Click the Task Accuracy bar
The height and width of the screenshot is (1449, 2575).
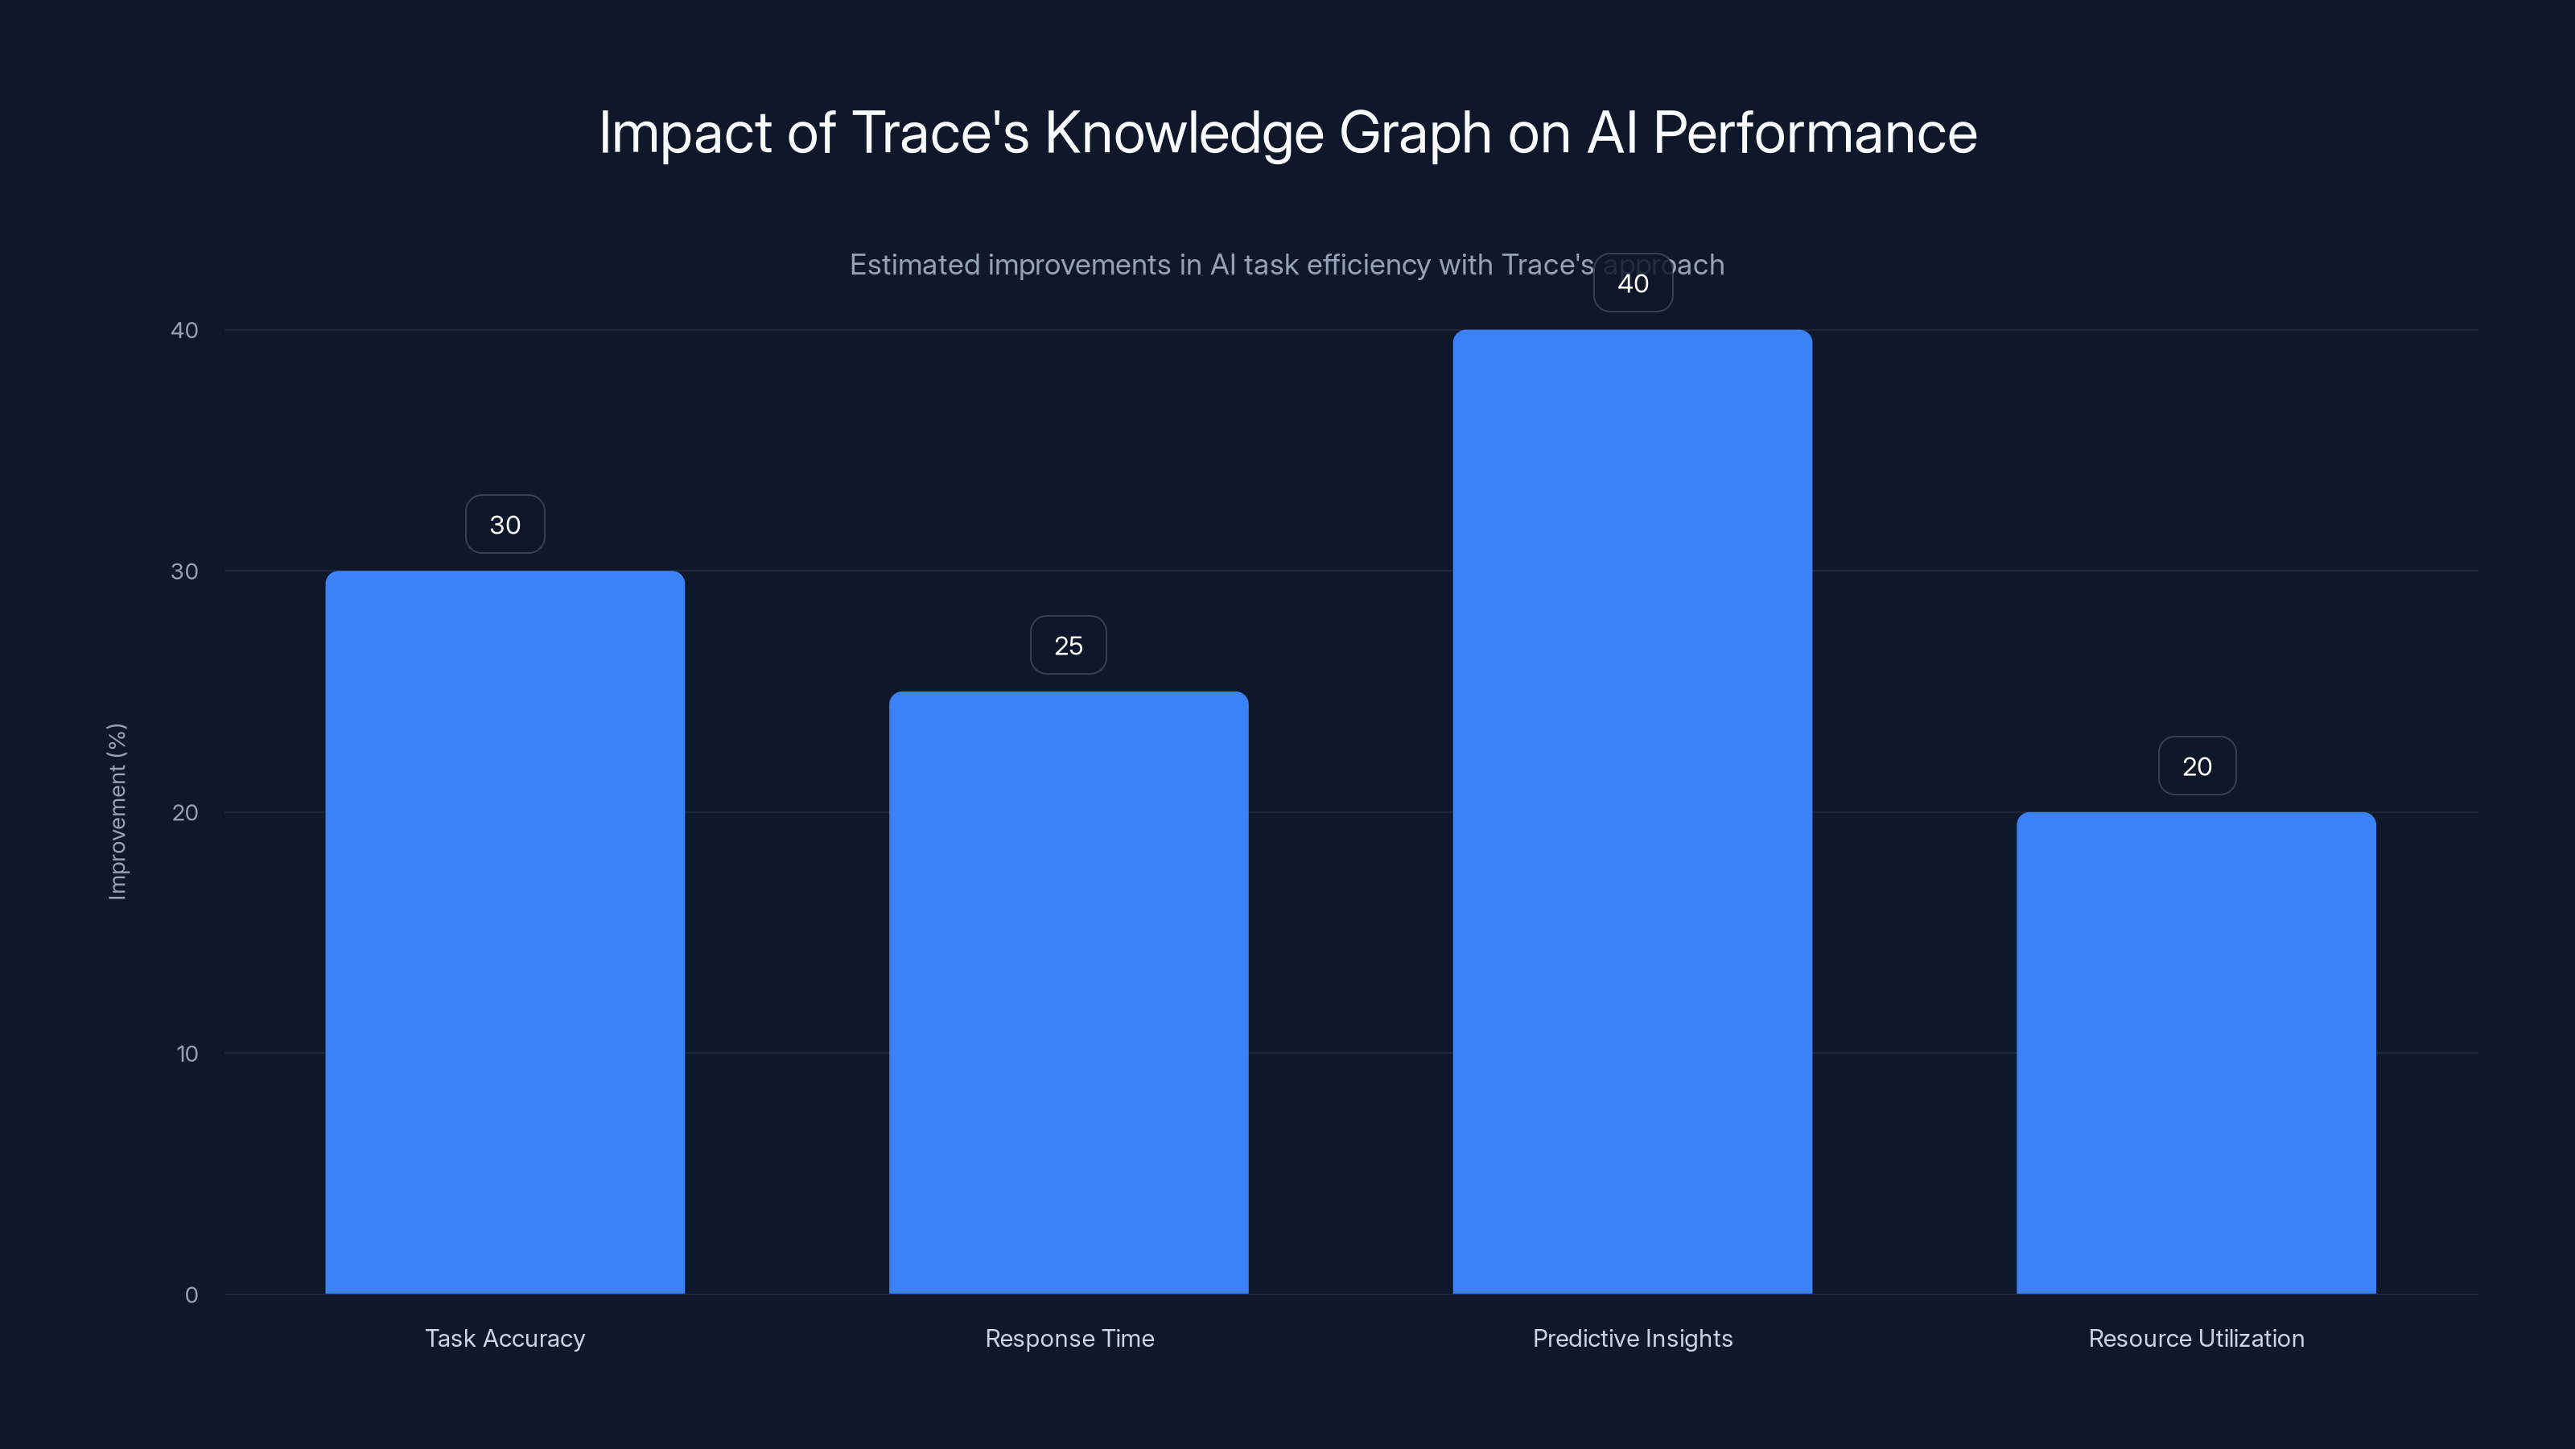(505, 932)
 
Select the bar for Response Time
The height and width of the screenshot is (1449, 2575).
(1069, 992)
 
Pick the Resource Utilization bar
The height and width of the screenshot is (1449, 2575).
(2196, 1052)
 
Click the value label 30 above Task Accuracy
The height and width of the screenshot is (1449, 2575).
(505, 525)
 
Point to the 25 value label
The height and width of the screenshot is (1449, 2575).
(1069, 646)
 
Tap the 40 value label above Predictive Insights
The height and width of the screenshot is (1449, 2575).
(1633, 284)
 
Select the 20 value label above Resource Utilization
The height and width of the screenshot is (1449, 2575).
(2196, 767)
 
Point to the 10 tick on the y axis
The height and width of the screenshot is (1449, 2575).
(187, 1054)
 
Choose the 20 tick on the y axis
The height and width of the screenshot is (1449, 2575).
(185, 813)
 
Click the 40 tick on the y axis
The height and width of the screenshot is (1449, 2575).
(185, 331)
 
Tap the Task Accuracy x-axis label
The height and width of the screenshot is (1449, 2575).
(505, 1339)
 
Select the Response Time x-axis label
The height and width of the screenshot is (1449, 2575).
(1069, 1339)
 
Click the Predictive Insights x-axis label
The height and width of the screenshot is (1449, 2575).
(1633, 1339)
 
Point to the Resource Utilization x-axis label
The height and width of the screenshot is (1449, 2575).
(2196, 1339)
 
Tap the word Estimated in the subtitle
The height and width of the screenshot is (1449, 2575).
(913, 265)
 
